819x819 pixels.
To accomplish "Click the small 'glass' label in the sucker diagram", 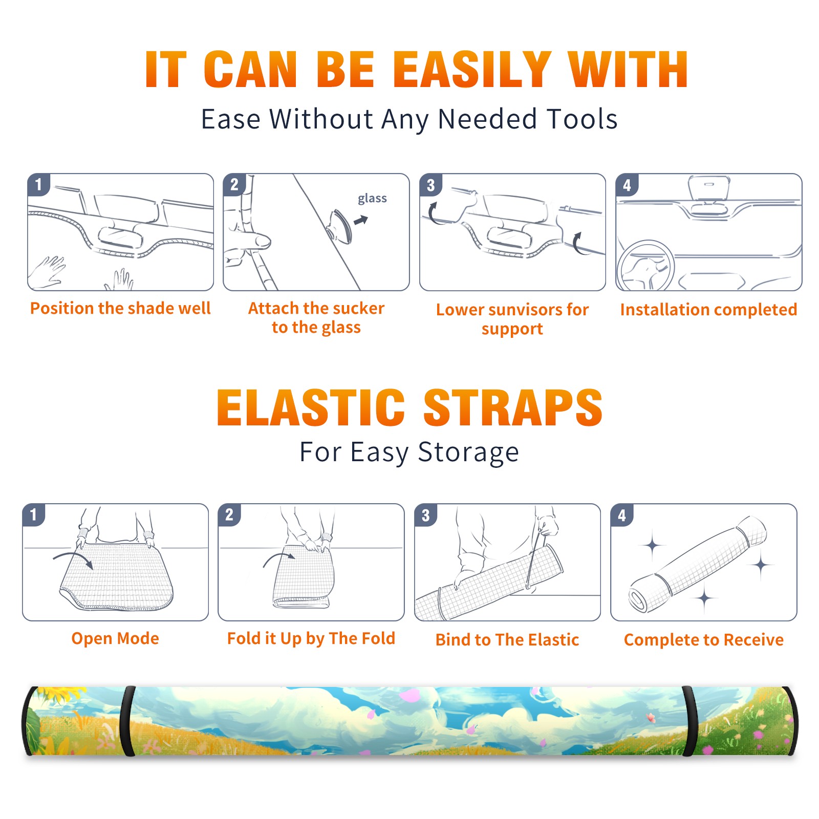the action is point(372,199).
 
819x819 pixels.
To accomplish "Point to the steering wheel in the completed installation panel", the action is point(645,265).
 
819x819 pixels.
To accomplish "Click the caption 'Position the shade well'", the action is point(120,308).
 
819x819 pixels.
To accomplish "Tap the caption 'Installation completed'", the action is point(708,309).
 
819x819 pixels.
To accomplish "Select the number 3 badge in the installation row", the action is point(430,185).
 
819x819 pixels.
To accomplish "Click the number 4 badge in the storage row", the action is point(622,515).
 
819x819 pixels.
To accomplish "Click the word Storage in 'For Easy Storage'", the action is point(468,452).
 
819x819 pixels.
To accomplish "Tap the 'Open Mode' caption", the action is point(115,638).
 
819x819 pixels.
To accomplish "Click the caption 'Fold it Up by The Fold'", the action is point(311,638).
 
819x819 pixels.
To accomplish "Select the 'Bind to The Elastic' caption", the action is point(507,639).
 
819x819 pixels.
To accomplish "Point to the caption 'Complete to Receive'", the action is point(704,640).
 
